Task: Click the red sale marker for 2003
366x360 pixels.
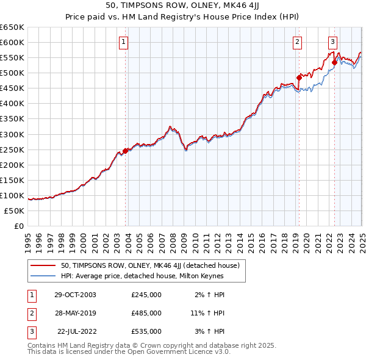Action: [126, 151]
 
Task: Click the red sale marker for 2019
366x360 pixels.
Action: [299, 77]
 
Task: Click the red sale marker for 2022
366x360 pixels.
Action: [334, 62]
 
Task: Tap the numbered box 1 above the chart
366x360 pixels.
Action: [123, 42]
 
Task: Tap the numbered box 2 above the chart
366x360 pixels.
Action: [297, 42]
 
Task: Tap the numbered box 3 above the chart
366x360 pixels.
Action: [332, 42]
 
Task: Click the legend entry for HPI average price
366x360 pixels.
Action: [142, 276]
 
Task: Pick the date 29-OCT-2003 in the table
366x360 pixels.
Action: [75, 295]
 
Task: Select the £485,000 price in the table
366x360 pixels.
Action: [146, 313]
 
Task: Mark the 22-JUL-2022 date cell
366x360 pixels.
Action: [76, 331]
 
